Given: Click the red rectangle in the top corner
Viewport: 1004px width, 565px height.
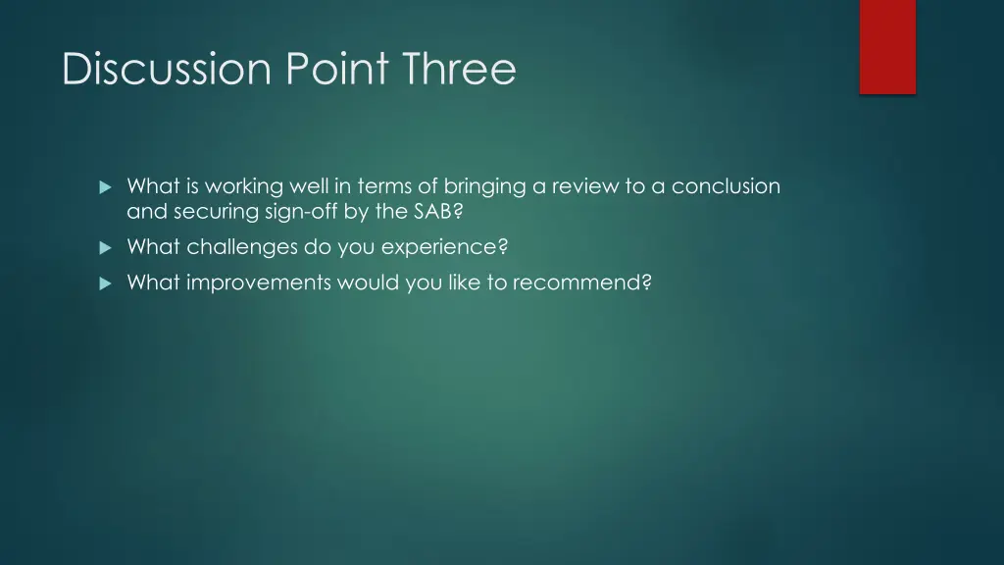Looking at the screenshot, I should click(x=887, y=46).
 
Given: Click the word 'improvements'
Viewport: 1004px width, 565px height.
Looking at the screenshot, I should click(x=258, y=283).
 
